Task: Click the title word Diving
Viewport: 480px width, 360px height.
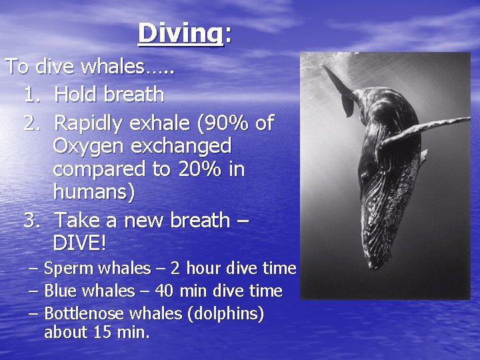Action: [179, 33]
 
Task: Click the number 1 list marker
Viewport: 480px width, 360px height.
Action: [31, 95]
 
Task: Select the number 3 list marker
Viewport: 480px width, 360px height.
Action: [31, 219]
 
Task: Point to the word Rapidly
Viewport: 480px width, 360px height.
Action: [91, 124]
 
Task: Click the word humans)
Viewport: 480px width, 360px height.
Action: [93, 193]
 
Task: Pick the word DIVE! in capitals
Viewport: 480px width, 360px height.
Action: [79, 243]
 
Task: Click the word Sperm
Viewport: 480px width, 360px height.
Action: [65, 269]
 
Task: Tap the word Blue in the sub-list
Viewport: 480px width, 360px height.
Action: [61, 291]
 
